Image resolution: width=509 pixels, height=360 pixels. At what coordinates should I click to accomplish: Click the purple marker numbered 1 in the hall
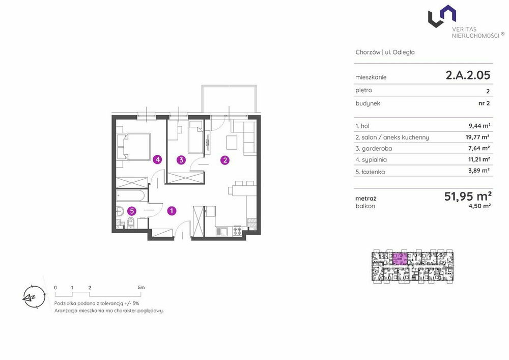pyautogui.click(x=172, y=211)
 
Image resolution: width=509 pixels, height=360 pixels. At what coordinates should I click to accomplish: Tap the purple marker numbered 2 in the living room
pyautogui.click(x=224, y=160)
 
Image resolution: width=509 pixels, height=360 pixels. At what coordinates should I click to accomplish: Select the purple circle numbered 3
pyautogui.click(x=181, y=160)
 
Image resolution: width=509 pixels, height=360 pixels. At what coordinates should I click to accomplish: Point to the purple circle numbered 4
pyautogui.click(x=157, y=159)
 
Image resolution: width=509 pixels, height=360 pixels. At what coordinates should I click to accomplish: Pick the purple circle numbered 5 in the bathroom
pyautogui.click(x=131, y=211)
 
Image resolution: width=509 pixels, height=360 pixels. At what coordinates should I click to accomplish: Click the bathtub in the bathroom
pyautogui.click(x=131, y=196)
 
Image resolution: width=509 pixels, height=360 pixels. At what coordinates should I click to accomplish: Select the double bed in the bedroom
pyautogui.click(x=134, y=147)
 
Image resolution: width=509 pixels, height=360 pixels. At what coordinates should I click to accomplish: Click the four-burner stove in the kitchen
pyautogui.click(x=237, y=231)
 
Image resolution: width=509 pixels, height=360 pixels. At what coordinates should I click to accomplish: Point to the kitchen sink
pyautogui.click(x=222, y=231)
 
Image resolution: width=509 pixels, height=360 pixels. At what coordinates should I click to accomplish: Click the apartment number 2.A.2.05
pyautogui.click(x=468, y=75)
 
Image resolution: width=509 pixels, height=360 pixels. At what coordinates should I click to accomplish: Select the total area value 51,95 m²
pyautogui.click(x=468, y=196)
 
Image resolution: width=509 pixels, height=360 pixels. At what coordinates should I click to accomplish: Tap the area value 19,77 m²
pyautogui.click(x=477, y=137)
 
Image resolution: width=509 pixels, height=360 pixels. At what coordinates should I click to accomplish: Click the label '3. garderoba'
pyautogui.click(x=374, y=148)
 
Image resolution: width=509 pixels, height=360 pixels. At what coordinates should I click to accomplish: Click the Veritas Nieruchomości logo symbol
pyautogui.click(x=442, y=16)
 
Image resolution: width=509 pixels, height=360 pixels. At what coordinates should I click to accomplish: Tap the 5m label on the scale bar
pyautogui.click(x=141, y=287)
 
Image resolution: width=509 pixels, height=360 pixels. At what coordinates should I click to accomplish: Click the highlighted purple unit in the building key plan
pyautogui.click(x=400, y=259)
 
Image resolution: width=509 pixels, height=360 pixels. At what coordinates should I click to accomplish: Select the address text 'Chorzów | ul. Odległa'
pyautogui.click(x=385, y=52)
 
